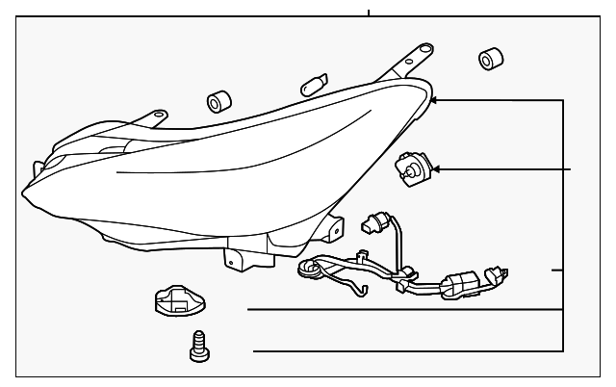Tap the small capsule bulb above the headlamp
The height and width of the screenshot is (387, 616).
pos(312,85)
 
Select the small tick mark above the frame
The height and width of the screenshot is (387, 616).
pos(369,12)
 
